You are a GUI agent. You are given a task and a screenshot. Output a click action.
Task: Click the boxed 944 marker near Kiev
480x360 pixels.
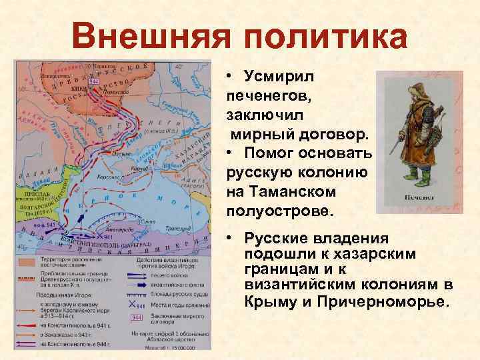click(93, 79)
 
